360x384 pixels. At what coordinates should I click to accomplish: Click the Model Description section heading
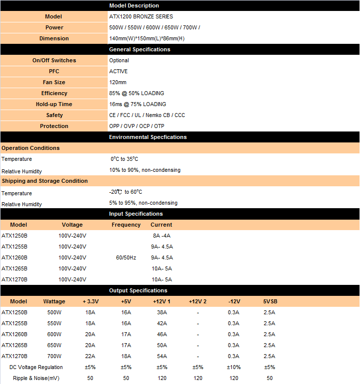click(134, 5)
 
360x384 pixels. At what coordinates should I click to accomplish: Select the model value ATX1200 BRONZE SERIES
click(141, 16)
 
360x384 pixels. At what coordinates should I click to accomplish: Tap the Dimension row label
click(54, 38)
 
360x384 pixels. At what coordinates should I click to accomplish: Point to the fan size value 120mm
click(118, 82)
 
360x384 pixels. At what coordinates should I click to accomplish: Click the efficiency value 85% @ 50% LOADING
click(137, 93)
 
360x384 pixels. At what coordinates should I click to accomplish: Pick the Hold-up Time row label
click(54, 104)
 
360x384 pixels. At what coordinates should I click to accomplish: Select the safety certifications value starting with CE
click(147, 115)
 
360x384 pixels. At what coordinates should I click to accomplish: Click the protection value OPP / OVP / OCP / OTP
click(137, 126)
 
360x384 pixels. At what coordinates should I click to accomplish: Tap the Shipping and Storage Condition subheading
click(44, 181)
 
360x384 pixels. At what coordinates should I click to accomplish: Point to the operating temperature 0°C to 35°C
click(124, 159)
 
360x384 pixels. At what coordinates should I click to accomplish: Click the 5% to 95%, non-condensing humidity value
click(143, 203)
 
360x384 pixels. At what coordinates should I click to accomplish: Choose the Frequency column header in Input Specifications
click(126, 225)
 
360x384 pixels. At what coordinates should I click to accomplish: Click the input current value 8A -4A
click(162, 236)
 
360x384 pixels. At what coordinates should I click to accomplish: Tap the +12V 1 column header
click(162, 301)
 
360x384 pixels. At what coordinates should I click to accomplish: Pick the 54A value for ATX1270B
click(162, 356)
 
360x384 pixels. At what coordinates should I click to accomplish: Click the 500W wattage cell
click(54, 312)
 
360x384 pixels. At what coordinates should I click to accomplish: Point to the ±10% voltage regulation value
click(234, 367)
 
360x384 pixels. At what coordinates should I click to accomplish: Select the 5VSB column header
click(269, 301)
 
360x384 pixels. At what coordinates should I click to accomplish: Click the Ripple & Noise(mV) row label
click(36, 378)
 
